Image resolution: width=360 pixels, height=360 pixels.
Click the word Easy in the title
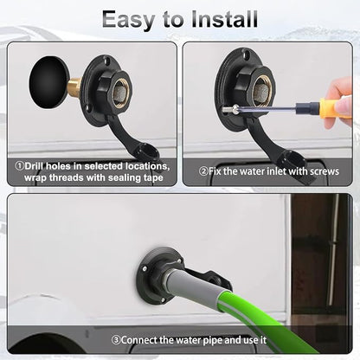pyautogui.click(x=128, y=20)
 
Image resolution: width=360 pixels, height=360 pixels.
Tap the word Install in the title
pyautogui.click(x=224, y=19)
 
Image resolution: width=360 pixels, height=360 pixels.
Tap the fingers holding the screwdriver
pyautogui.click(x=340, y=102)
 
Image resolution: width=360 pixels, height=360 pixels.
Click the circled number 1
pyautogui.click(x=19, y=166)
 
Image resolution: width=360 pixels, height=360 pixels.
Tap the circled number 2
pyautogui.click(x=203, y=171)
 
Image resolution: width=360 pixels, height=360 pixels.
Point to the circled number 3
pyautogui.click(x=116, y=339)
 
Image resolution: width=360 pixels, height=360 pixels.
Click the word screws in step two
pyautogui.click(x=324, y=171)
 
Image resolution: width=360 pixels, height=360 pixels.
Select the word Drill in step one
pyautogui.click(x=35, y=166)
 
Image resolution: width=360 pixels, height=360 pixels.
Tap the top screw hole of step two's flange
pyautogui.click(x=247, y=54)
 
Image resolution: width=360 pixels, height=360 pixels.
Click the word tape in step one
pyautogui.click(x=153, y=178)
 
